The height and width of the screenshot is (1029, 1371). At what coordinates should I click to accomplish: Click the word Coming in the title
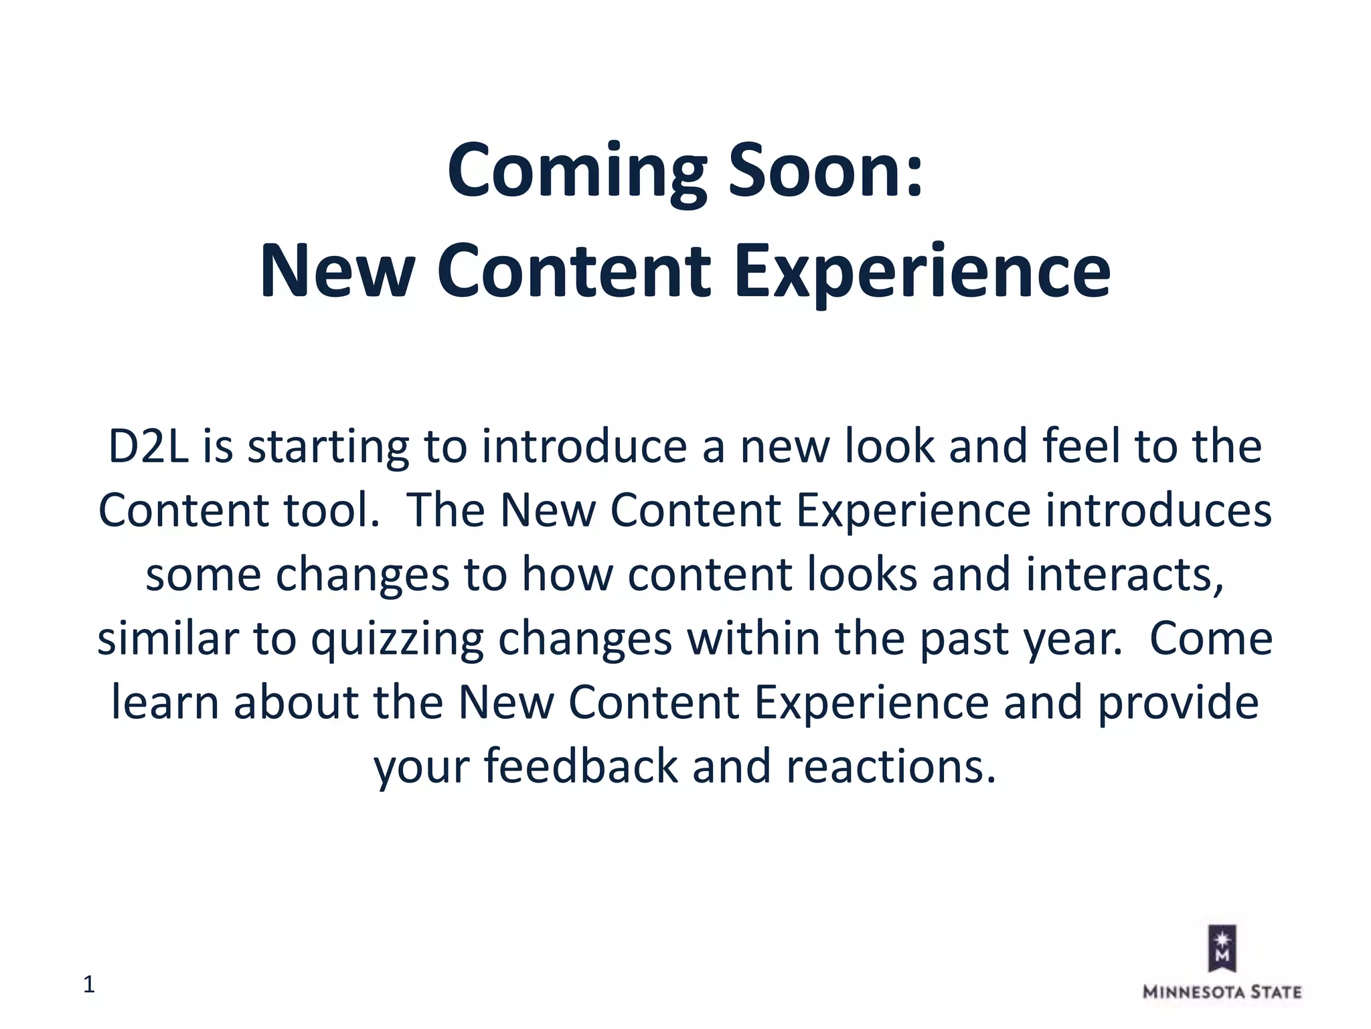tap(576, 171)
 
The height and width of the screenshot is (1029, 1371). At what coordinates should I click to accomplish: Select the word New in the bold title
tap(336, 271)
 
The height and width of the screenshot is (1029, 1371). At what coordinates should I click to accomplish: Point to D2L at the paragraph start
tap(149, 447)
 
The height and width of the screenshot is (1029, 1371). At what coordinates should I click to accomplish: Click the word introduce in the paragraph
tap(584, 447)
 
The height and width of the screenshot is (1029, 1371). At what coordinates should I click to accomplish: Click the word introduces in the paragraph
tap(1158, 510)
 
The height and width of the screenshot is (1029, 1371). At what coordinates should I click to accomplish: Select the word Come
tap(1210, 638)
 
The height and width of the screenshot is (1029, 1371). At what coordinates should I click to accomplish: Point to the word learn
tap(165, 703)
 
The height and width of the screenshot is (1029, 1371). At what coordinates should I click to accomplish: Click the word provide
tap(1178, 703)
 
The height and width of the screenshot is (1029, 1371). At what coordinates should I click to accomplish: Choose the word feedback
tap(580, 767)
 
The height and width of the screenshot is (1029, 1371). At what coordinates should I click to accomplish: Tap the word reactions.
tap(890, 767)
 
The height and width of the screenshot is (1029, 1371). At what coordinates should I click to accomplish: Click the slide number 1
tap(89, 985)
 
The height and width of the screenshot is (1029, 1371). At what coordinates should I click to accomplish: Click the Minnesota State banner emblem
tap(1222, 948)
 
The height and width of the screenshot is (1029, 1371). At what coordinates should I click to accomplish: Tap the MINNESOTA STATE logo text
tap(1222, 992)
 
